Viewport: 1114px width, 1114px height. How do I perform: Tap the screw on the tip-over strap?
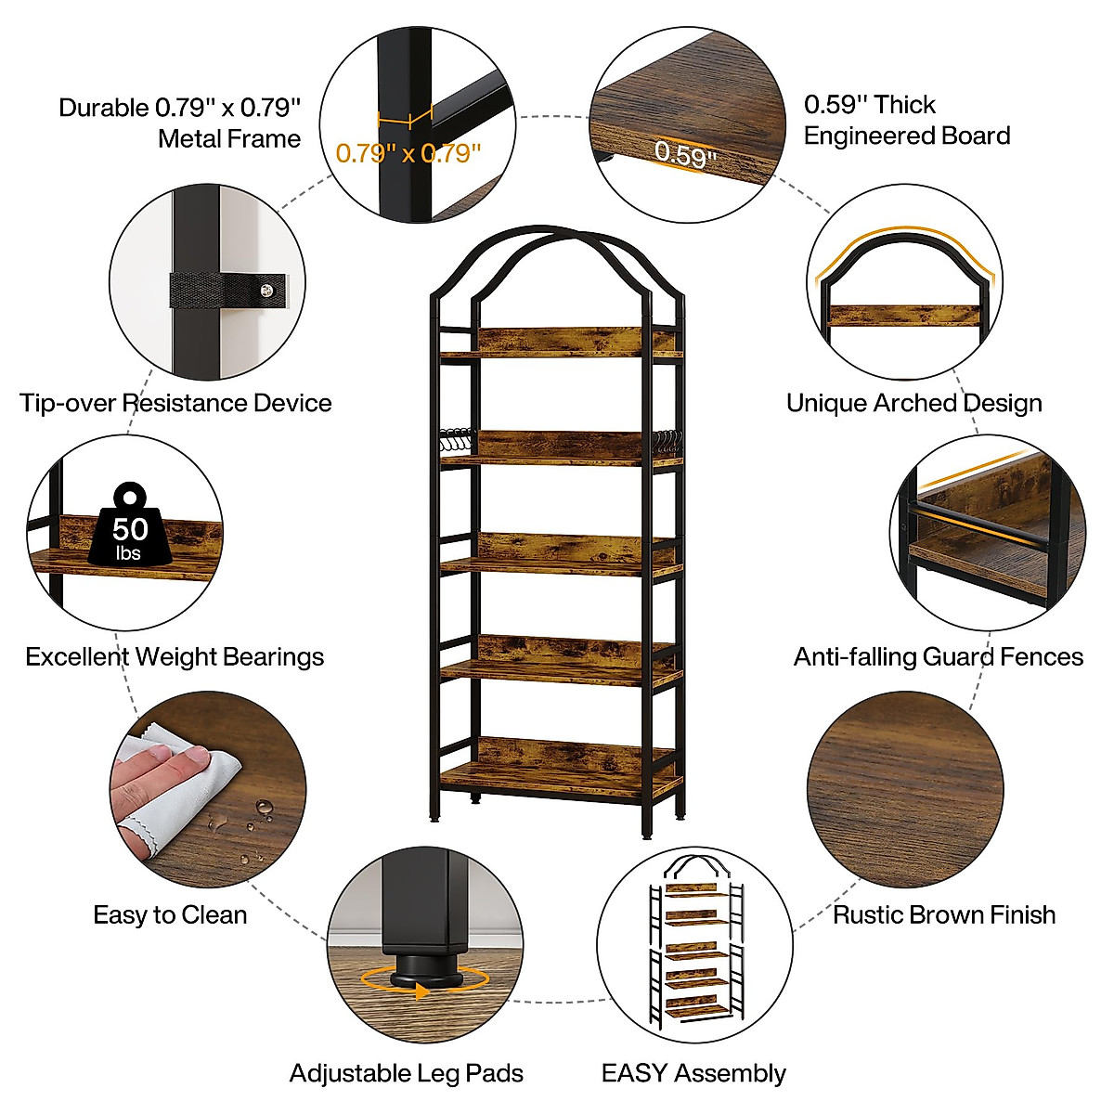[x=268, y=291]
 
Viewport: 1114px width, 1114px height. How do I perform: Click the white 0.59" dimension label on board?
[x=685, y=153]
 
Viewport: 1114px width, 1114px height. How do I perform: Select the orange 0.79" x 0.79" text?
[x=408, y=153]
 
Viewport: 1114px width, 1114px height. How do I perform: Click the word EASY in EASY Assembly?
[x=634, y=1073]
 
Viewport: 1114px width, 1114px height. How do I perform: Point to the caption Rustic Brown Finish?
[x=944, y=914]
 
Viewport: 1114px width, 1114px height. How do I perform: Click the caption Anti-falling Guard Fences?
[x=938, y=657]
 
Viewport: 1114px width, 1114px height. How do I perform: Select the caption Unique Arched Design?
[x=913, y=403]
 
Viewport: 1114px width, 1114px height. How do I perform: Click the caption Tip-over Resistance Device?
[x=175, y=403]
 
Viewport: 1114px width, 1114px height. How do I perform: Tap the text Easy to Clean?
[x=170, y=914]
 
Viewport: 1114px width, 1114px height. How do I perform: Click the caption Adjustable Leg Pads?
[x=407, y=1073]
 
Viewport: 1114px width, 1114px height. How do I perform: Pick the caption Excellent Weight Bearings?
[x=175, y=657]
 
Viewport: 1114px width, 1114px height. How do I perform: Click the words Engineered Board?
[x=906, y=136]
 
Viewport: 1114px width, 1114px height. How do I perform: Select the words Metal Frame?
[x=229, y=139]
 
